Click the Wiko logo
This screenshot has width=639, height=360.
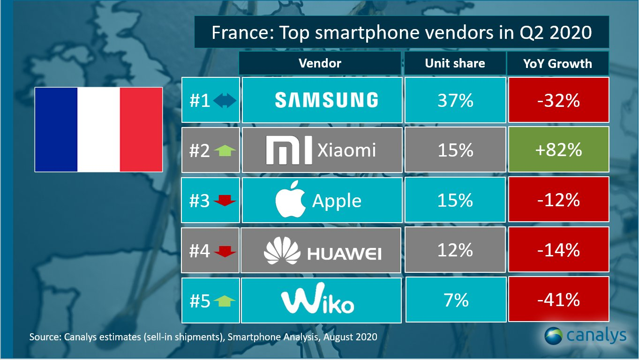[x=317, y=300]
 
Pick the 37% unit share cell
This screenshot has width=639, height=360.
[x=455, y=100]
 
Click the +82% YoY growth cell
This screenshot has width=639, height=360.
[x=558, y=150]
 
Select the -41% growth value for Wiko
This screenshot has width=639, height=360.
[x=558, y=300]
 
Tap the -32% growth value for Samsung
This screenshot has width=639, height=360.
[x=558, y=100]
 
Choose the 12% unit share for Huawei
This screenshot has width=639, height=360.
[x=455, y=250]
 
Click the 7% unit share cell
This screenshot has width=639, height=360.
[x=455, y=300]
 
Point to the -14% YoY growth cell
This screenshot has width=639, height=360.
[x=558, y=250]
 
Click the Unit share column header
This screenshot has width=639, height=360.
[x=455, y=63]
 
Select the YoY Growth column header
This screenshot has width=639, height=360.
[x=558, y=63]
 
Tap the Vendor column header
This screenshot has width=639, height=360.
[x=320, y=63]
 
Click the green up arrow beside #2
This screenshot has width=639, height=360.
[x=225, y=150]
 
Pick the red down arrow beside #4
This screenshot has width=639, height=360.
[x=225, y=252]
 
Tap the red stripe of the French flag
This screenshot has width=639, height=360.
[x=141, y=129]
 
